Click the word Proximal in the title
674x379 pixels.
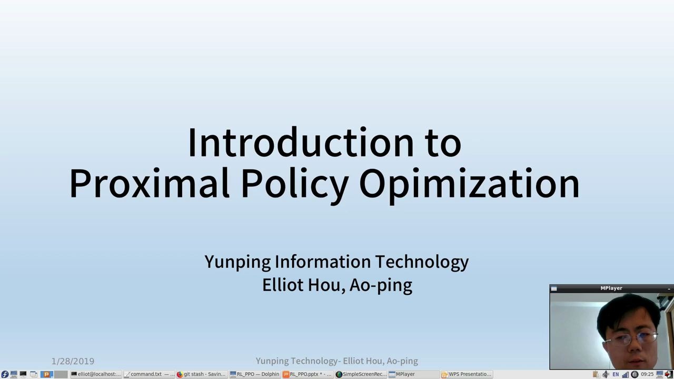point(149,183)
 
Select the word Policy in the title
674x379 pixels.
point(294,183)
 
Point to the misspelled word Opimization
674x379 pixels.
point(469,183)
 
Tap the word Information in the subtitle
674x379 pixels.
point(322,262)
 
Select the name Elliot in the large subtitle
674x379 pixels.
point(282,285)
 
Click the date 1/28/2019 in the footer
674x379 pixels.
point(73,361)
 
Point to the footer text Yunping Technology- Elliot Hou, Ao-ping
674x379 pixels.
point(336,361)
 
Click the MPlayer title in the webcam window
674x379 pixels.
point(611,288)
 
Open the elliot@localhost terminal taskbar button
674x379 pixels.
point(96,374)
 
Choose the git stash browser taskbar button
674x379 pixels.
point(201,374)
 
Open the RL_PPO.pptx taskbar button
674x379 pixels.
point(308,374)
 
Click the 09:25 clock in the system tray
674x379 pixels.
point(647,374)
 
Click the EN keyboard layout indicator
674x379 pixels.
point(616,374)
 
